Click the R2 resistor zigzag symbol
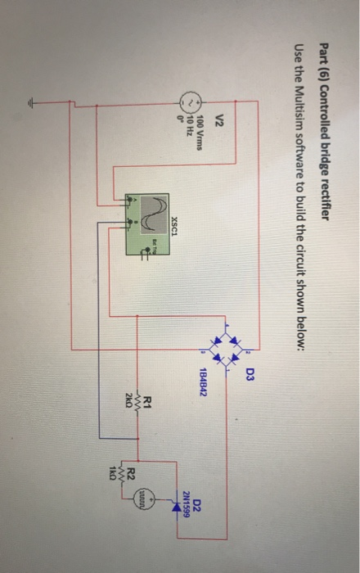click(123, 472)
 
